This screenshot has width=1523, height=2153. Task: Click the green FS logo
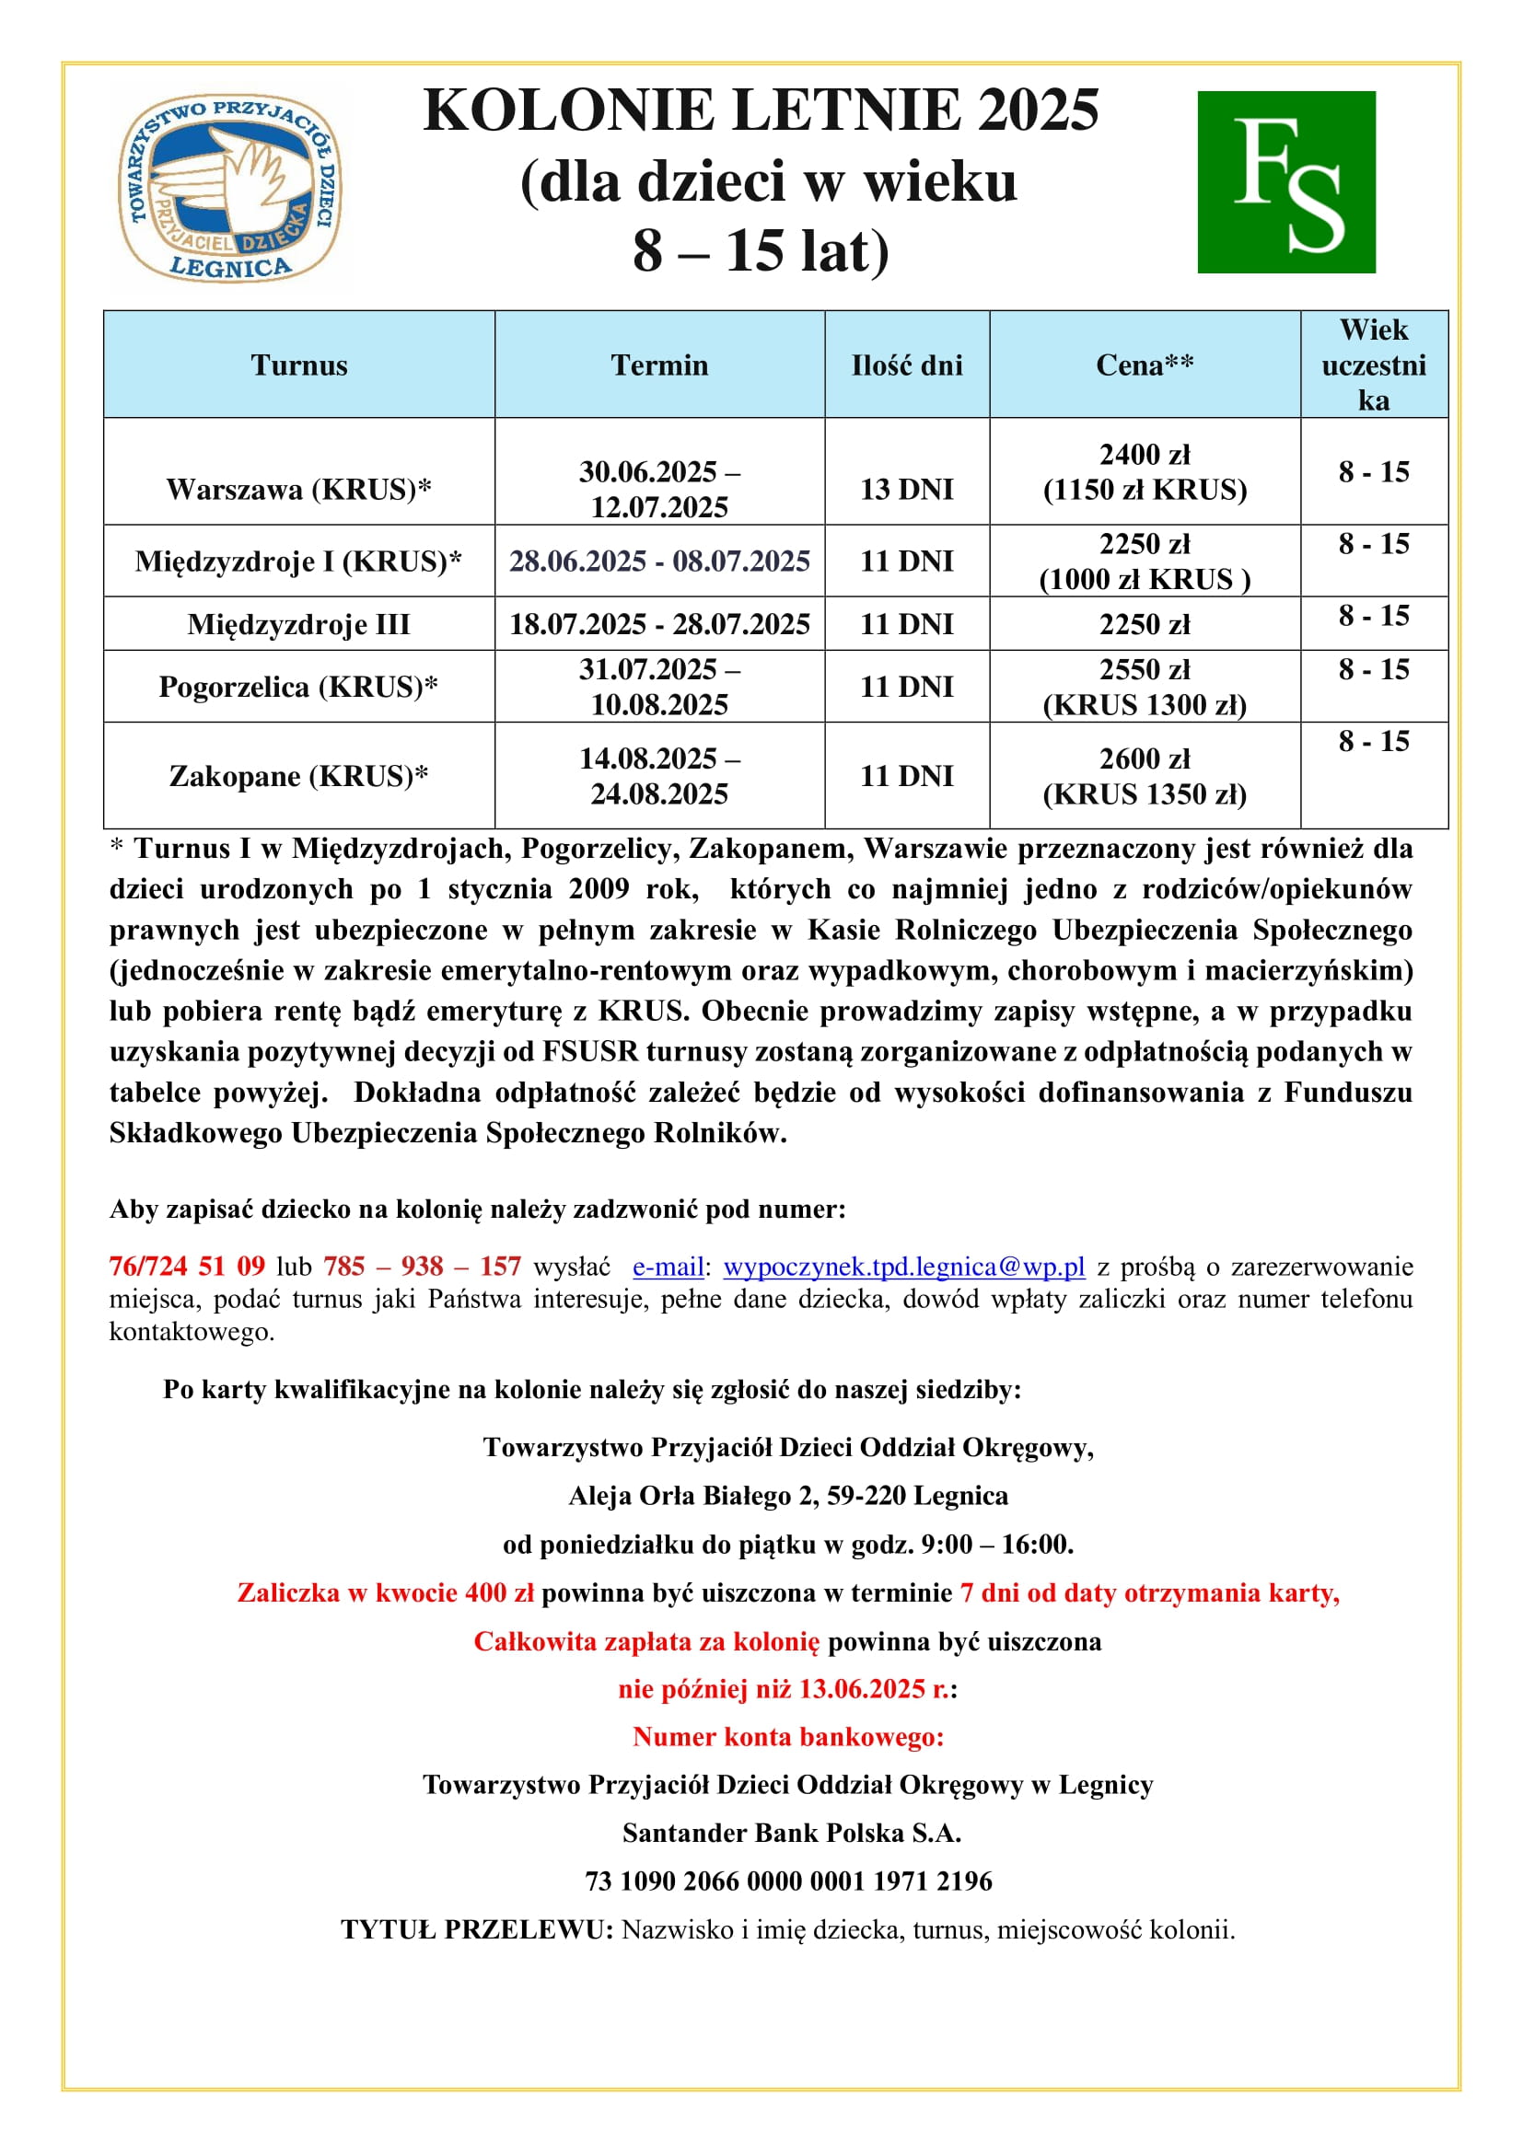(1285, 182)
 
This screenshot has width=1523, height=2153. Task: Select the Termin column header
(659, 365)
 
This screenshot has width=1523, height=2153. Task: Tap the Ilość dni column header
(906, 365)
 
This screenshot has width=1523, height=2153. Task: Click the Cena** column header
(1145, 365)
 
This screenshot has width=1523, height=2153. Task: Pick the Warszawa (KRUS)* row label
(298, 489)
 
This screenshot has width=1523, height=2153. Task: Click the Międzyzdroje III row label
(298, 623)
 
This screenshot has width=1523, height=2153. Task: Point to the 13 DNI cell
(906, 489)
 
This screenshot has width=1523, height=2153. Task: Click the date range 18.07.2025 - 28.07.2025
(659, 623)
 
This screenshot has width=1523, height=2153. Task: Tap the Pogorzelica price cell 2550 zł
(1145, 669)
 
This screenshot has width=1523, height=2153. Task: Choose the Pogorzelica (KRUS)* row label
(298, 687)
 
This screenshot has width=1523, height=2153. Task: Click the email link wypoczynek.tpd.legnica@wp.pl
(904, 1266)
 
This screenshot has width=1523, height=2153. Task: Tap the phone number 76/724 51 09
(187, 1266)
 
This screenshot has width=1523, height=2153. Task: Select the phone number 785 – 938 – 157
(422, 1266)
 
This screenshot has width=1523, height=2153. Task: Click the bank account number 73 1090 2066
(788, 1881)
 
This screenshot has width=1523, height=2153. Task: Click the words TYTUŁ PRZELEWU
(476, 1929)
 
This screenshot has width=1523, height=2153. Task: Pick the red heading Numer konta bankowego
(788, 1737)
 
